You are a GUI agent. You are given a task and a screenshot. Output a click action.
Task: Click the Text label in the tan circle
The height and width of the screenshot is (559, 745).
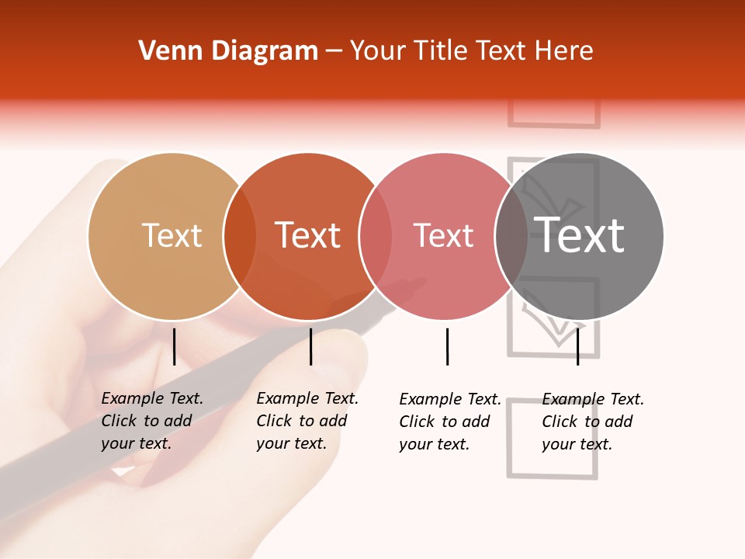[172, 236]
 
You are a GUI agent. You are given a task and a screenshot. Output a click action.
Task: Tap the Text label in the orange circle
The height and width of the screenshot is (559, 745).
[308, 236]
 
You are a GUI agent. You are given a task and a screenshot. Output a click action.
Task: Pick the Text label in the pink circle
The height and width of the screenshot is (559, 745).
[444, 236]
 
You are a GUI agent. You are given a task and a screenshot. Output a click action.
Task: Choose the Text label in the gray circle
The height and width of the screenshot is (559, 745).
[580, 236]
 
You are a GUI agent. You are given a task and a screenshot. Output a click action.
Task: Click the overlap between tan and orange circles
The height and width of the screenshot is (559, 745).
[240, 236]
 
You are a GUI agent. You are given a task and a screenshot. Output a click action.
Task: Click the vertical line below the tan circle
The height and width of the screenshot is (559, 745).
[174, 346]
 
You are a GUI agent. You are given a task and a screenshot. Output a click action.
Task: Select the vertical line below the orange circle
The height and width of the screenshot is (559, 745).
[310, 346]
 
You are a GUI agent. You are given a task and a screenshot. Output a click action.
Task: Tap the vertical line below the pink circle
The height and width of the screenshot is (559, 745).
[447, 346]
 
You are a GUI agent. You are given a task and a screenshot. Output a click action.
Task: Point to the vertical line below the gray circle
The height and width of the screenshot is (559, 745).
[577, 346]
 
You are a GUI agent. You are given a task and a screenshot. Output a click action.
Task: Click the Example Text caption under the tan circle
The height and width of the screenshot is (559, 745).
[151, 421]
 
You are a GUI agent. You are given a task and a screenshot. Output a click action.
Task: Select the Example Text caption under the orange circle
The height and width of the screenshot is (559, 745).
[307, 421]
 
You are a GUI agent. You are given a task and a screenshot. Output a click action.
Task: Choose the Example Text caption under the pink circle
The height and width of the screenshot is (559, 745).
[449, 422]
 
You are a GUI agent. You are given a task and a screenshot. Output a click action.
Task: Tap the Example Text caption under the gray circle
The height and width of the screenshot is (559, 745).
[592, 422]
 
